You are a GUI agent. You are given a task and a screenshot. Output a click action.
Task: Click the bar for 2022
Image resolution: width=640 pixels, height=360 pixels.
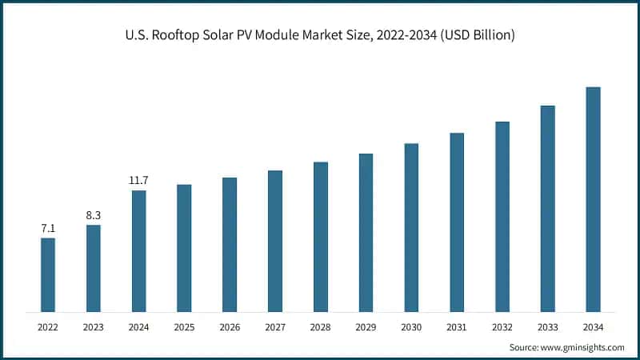click(x=48, y=274)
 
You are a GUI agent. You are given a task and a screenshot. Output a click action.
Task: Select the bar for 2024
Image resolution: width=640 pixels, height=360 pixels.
click(x=138, y=250)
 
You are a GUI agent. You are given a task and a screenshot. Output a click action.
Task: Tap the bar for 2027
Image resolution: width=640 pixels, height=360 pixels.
click(x=274, y=241)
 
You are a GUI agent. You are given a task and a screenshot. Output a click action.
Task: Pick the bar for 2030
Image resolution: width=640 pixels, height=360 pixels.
click(x=411, y=227)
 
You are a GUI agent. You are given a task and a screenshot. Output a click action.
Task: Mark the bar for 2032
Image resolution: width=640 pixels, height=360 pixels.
click(x=502, y=216)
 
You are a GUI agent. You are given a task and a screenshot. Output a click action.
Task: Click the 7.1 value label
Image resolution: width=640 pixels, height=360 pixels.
click(x=48, y=229)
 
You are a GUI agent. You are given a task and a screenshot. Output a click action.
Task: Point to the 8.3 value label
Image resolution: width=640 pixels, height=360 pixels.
click(x=94, y=216)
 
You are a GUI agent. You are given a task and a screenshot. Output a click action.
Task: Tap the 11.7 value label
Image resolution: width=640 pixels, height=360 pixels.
click(x=138, y=181)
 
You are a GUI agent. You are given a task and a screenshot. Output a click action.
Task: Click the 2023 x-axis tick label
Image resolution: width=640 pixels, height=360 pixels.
click(x=94, y=327)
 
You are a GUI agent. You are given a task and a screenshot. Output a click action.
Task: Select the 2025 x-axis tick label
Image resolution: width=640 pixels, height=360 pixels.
click(x=184, y=327)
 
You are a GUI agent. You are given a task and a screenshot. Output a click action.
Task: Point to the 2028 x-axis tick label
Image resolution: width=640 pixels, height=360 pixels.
click(x=320, y=327)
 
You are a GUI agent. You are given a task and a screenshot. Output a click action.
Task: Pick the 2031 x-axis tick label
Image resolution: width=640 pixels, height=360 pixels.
click(x=457, y=327)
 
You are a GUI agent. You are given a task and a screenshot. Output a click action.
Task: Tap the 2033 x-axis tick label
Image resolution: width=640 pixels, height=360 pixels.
click(x=547, y=327)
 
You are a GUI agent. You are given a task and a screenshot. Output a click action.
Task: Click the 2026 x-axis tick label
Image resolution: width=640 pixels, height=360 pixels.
click(x=230, y=327)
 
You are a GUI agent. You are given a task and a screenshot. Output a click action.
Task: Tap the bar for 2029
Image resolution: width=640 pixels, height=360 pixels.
click(x=366, y=232)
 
